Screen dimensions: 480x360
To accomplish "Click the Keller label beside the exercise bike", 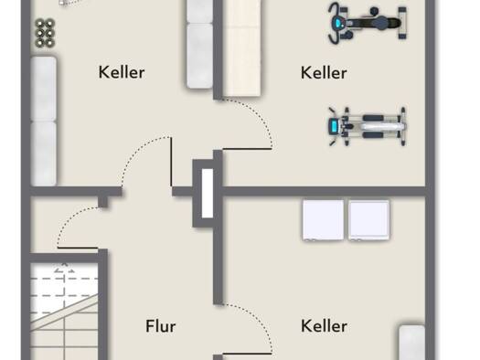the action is pos(324,73).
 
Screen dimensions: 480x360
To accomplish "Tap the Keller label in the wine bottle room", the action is pos(122,72).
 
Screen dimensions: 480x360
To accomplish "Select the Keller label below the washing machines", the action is pos(324,326).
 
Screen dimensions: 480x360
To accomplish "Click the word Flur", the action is pos(161,326).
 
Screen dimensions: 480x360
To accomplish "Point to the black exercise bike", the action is pos(368,24).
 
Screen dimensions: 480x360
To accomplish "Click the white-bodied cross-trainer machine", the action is pos(367,126).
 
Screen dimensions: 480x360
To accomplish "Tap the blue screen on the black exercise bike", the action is pos(337,23).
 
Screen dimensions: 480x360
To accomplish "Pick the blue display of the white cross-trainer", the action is pos(334,126).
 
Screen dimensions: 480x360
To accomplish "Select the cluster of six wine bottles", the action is pos(45,33).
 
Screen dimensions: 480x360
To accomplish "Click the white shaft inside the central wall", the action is pos(208,194).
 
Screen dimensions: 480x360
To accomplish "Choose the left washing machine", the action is pos(323,220).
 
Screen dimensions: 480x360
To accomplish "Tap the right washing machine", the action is pos(368,220).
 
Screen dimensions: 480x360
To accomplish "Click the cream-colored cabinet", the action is pos(242,48).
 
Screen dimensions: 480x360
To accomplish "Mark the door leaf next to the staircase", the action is pos(78,248).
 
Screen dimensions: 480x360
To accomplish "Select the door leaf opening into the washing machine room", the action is pos(247,354).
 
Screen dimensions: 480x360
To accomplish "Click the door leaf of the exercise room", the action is pos(247,149).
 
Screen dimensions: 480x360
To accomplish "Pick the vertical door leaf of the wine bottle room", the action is pos(171,162).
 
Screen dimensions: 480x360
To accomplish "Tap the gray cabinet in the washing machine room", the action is pos(412,343).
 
